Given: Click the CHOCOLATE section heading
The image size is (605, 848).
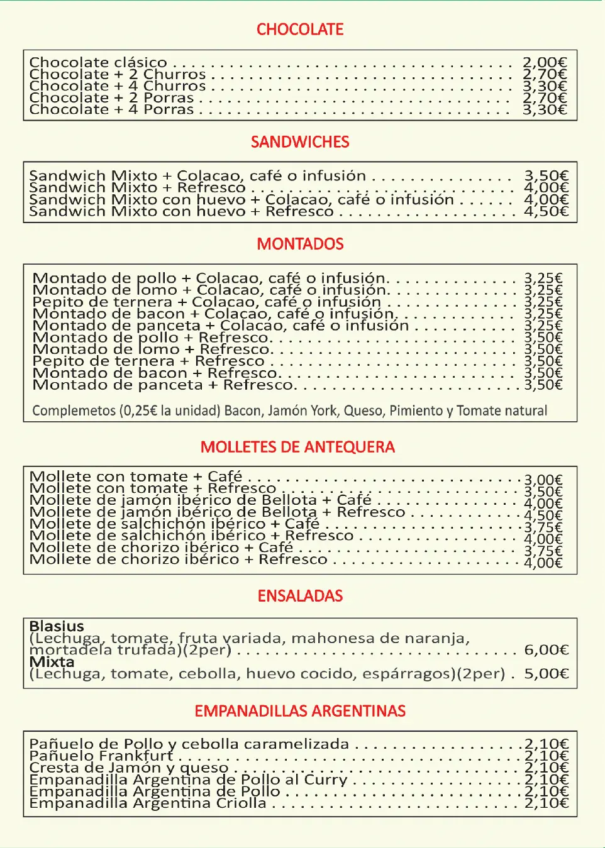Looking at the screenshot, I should (x=300, y=30).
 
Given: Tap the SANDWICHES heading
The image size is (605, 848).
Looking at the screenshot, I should (x=300, y=142).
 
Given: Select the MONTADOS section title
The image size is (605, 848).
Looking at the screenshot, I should (x=300, y=244).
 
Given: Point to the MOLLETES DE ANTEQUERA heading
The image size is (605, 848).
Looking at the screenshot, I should (x=297, y=447).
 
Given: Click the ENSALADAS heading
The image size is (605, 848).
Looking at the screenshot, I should (x=300, y=596).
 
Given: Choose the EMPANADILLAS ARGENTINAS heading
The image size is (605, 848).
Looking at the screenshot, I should (x=300, y=711).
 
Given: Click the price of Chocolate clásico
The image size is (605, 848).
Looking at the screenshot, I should (x=545, y=62).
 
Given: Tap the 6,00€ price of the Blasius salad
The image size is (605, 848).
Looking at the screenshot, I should (x=546, y=650).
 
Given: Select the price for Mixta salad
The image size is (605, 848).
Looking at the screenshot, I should (x=546, y=674).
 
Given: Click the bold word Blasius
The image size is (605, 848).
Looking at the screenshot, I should (x=57, y=626).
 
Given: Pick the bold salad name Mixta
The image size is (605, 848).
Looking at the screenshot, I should (x=52, y=662).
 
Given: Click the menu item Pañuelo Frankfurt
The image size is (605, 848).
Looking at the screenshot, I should (x=101, y=756).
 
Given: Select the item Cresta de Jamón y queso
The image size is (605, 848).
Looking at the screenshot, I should (x=128, y=768).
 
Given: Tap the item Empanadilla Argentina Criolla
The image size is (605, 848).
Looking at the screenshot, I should (x=148, y=803).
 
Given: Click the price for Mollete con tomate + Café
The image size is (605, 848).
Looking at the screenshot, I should (x=543, y=480).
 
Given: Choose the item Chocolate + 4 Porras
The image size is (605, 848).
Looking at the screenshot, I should (x=111, y=109).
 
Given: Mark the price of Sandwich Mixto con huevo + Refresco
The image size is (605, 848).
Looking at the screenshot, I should (x=546, y=211).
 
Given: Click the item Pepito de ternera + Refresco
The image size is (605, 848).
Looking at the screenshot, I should (x=148, y=361).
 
